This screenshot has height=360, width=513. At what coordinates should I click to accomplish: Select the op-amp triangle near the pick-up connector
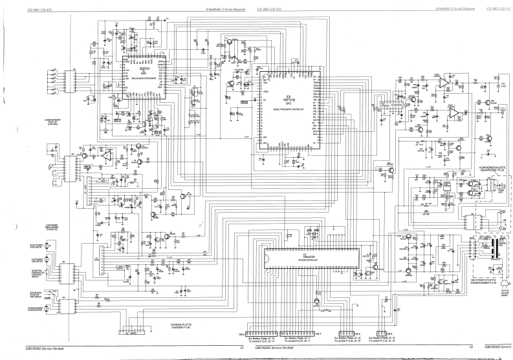click(105, 155)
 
